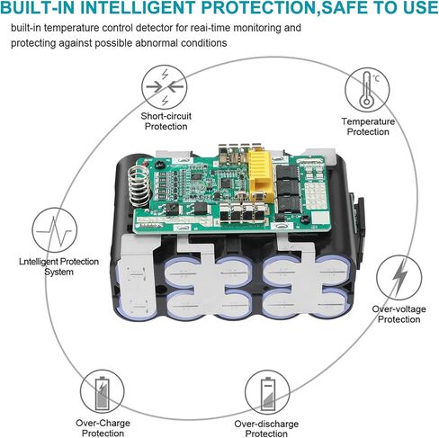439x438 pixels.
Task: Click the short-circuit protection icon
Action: pyautogui.click(x=165, y=87)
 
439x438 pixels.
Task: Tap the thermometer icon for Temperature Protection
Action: pyautogui.click(x=367, y=90)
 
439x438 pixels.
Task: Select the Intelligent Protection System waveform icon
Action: pyautogui.click(x=55, y=230)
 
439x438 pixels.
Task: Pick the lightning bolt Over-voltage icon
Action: pyautogui.click(x=399, y=278)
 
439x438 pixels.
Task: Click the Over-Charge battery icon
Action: pyautogui.click(x=103, y=392)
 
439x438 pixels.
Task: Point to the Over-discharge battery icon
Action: pyautogui.click(x=267, y=392)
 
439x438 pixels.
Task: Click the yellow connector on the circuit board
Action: pyautogui.click(x=260, y=175)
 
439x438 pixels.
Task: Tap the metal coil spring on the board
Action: pyautogui.click(x=139, y=186)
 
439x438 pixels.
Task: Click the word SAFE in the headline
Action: pyautogui.click(x=350, y=8)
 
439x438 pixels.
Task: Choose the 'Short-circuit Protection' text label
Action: pyautogui.click(x=166, y=121)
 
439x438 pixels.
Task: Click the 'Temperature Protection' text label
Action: pyautogui.click(x=368, y=127)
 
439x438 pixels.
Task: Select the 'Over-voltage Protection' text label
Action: pyautogui.click(x=399, y=314)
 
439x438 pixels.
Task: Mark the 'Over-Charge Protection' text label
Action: pyautogui.click(x=103, y=428)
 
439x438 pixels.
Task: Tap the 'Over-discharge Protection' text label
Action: pyautogui.click(x=266, y=429)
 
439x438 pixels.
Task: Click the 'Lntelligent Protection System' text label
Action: pyautogui.click(x=58, y=266)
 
